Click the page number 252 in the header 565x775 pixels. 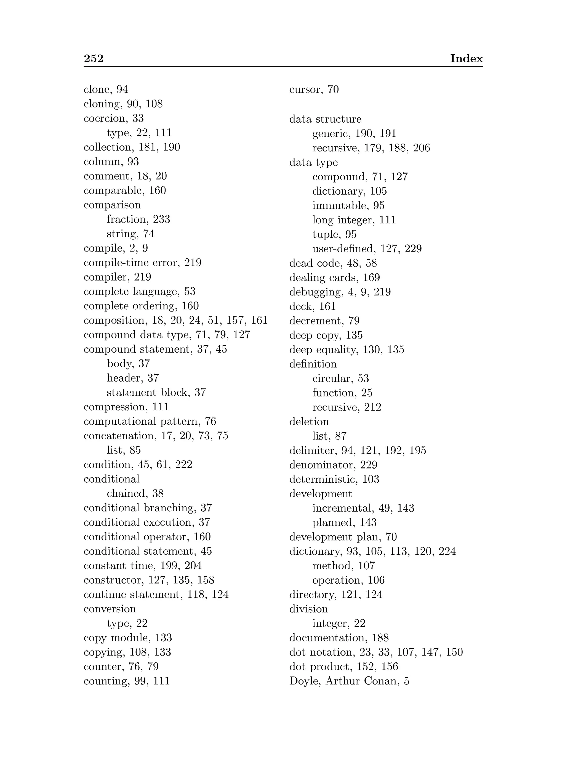pyautogui.click(x=93, y=59)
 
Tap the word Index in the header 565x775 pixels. pyautogui.click(x=466, y=59)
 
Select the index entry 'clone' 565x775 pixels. pyautogui.click(x=98, y=90)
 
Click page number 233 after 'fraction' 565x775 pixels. pyautogui.click(x=161, y=219)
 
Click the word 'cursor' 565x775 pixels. pyautogui.click(x=305, y=90)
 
